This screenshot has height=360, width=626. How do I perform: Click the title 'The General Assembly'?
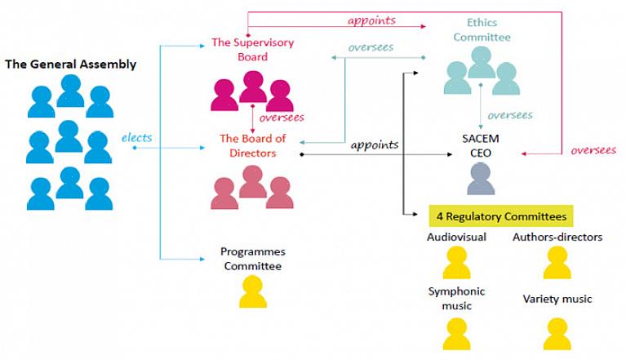71,64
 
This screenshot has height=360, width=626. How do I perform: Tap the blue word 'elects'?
136,137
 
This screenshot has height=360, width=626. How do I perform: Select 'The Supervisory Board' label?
252,50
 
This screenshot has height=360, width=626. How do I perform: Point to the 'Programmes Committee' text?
252,259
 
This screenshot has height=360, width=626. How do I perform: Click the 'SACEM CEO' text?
480,145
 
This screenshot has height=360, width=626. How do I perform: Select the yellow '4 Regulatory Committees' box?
500,216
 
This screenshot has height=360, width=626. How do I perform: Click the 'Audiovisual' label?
456,238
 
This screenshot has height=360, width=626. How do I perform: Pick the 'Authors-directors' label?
557,238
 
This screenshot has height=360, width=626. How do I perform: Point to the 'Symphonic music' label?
456,298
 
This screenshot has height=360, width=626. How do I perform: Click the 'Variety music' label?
557,299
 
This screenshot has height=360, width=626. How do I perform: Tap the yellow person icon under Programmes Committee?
252,292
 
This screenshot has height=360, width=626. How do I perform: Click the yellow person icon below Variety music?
557,334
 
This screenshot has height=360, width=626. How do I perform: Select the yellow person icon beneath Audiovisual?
456,263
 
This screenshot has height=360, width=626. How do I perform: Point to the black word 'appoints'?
375,145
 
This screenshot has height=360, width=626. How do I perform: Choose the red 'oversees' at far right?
593,150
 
